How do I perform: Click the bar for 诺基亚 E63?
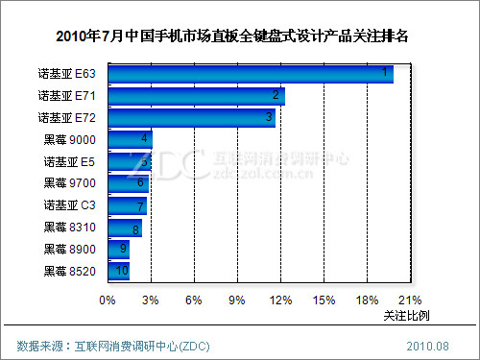[250, 74]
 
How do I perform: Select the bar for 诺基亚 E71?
[196, 95]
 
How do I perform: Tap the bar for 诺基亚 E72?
[191, 117]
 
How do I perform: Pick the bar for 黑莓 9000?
[130, 139]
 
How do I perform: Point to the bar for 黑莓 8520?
[118, 271]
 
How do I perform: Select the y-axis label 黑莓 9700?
[69, 183]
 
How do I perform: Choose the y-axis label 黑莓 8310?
[69, 228]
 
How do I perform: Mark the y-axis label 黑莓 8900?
[69, 249]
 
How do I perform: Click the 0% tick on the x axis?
[108, 300]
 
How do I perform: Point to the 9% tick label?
[236, 300]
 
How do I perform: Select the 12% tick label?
[279, 300]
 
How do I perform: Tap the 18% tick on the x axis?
[367, 300]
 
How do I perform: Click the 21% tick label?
[410, 300]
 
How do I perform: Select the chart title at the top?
[240, 37]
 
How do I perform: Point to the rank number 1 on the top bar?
[384, 73]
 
